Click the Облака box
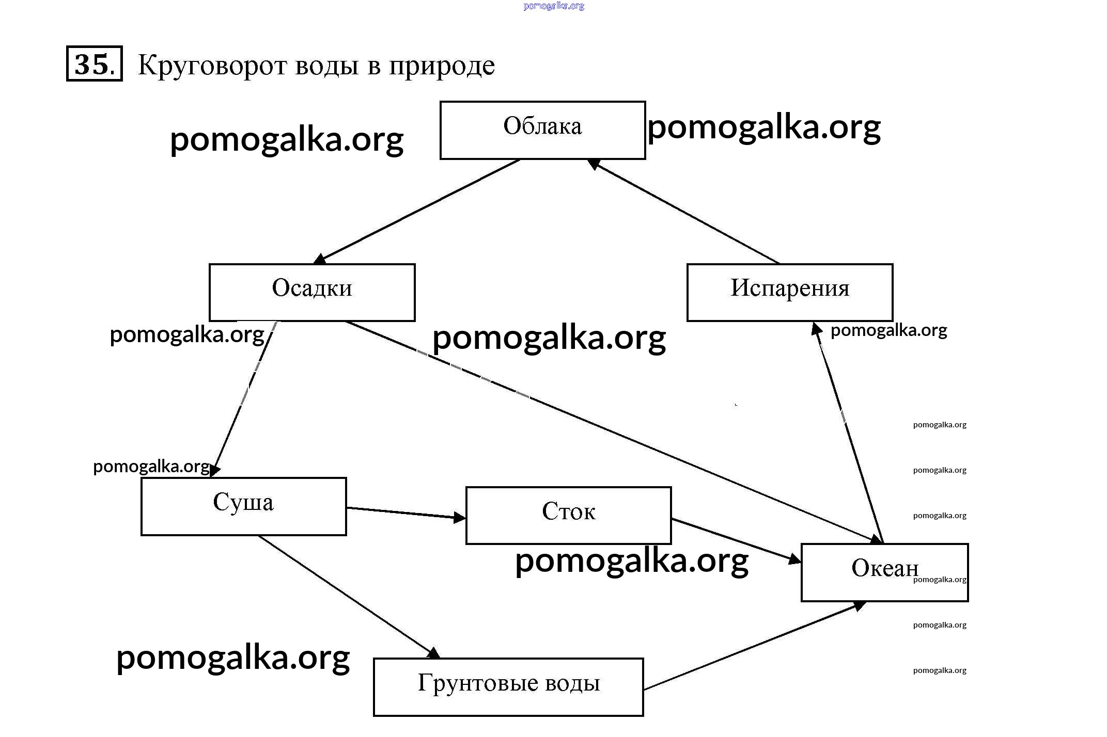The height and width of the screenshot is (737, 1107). [x=542, y=130]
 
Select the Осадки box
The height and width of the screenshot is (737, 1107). [x=312, y=292]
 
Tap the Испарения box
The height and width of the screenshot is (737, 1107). [x=789, y=292]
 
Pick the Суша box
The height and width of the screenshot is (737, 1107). [x=243, y=506]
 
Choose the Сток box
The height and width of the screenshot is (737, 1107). [x=568, y=515]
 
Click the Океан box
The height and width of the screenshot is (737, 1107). [x=884, y=572]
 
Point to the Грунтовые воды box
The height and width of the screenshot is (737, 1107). [x=508, y=686]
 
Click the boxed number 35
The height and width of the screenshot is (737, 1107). [x=94, y=63]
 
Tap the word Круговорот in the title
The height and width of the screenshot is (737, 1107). [x=212, y=66]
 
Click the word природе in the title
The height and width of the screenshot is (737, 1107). [x=442, y=66]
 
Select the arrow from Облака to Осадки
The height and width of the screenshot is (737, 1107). [x=419, y=210]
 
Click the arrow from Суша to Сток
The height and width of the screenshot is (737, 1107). [x=406, y=512]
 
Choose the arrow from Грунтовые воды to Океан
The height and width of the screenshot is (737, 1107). [x=754, y=646]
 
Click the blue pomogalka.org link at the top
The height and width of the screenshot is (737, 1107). [x=553, y=6]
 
